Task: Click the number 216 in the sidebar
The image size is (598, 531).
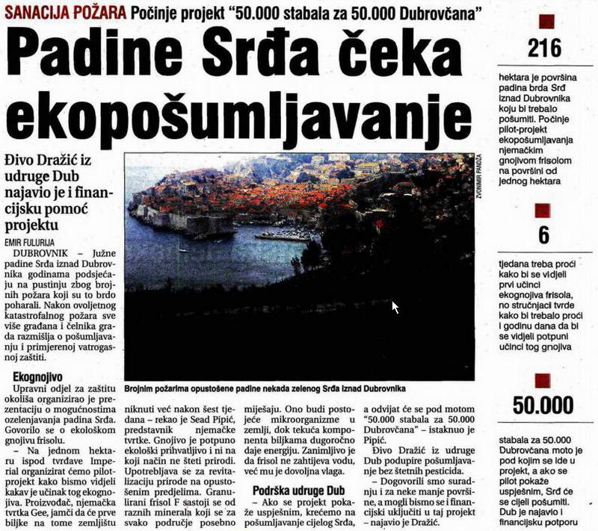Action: (x=543, y=49)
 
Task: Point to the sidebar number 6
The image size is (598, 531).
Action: (x=543, y=235)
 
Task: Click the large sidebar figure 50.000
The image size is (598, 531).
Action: (x=543, y=406)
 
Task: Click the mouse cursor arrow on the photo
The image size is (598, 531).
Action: (x=395, y=306)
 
